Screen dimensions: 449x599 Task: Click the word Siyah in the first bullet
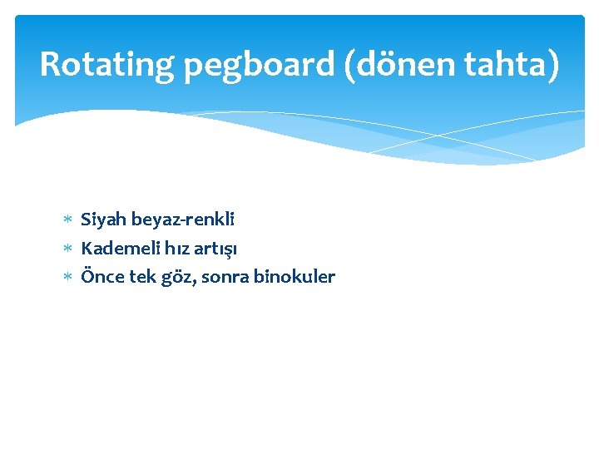coord(102,220)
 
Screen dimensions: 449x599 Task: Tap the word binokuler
coord(295,277)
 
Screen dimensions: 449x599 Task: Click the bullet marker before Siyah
coord(68,220)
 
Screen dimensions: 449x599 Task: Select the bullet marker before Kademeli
coord(68,249)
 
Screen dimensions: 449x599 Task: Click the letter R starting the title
coord(50,64)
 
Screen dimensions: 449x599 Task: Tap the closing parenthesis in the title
coord(553,65)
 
